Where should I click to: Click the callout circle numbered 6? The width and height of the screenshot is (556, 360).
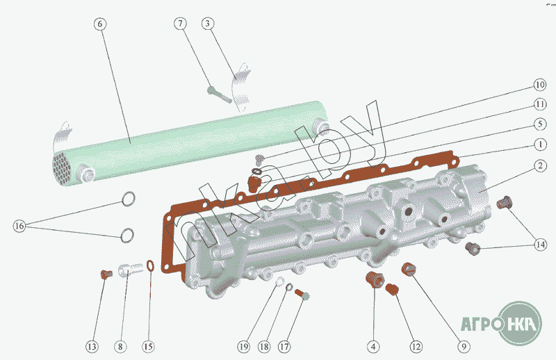tap(100, 24)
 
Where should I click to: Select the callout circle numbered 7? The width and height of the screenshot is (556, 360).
tap(181, 24)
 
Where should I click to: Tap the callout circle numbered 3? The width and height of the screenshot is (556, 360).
tap(208, 24)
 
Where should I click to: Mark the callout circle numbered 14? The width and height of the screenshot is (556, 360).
tap(540, 244)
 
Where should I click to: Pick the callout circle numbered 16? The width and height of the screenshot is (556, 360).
tap(19, 226)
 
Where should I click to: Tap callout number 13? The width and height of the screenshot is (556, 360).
tap(92, 345)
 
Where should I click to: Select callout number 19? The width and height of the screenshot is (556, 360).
tap(242, 345)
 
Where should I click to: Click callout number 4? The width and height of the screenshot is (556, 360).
tap(374, 345)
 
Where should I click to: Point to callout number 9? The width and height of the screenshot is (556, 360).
tap(464, 345)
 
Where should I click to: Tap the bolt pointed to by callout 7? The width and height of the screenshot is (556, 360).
tap(218, 93)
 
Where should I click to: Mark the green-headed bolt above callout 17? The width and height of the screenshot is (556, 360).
tap(303, 295)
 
